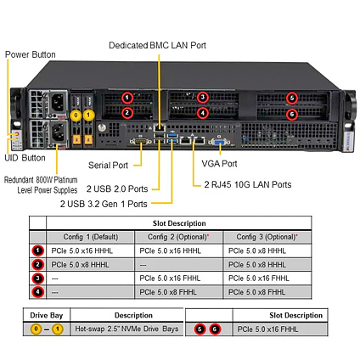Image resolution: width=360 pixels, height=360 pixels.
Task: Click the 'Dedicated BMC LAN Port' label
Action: point(157,45)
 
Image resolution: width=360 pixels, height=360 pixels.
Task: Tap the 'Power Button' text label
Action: point(31,54)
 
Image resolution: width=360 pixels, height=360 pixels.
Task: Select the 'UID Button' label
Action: point(25,158)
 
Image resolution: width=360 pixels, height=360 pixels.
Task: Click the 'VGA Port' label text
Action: point(219,163)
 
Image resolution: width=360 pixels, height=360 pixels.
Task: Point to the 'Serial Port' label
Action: point(108,165)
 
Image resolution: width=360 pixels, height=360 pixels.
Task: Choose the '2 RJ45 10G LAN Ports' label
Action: point(248,184)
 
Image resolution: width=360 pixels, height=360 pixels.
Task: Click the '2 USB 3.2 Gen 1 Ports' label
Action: point(104,204)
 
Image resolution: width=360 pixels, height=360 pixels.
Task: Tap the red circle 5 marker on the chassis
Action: point(292,98)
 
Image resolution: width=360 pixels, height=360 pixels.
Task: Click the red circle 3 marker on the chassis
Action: point(203,98)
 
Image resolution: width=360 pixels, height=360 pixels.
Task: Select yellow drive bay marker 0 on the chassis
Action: point(76,115)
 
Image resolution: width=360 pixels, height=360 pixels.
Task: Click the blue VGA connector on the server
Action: point(219,142)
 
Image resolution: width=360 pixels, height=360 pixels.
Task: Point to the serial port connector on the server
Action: point(140,141)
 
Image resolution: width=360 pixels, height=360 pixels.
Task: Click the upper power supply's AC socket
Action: point(58,102)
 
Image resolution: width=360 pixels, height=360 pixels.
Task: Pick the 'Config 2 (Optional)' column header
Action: point(178,237)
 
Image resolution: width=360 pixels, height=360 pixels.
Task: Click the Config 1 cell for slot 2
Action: point(90,265)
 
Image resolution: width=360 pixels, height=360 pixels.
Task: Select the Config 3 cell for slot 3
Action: point(267,278)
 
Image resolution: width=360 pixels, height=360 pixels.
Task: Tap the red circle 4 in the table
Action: point(38,292)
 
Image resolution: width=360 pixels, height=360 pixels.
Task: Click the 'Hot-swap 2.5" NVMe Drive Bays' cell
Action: point(127,329)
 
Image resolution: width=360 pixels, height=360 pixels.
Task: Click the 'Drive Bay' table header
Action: point(47,315)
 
